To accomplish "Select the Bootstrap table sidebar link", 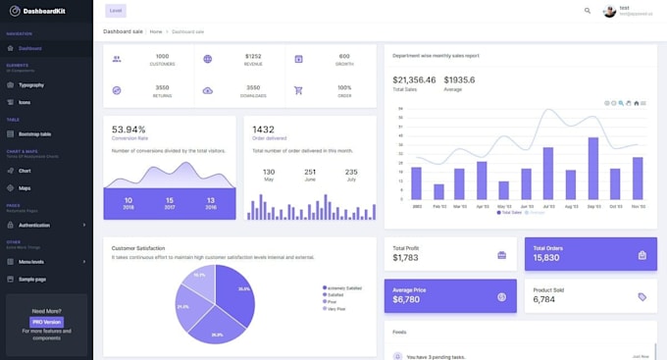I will [34, 133].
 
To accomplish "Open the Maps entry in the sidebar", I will [25, 187].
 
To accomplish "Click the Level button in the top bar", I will [117, 11].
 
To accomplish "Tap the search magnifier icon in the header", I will [588, 11].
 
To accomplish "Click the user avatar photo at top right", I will [609, 11].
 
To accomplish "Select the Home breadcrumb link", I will [156, 31].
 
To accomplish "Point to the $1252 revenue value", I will [253, 56].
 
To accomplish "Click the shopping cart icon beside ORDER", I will [298, 90].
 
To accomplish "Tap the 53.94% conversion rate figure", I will [128, 129].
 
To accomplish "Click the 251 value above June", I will [310, 172].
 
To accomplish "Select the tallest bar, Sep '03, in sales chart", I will [592, 168].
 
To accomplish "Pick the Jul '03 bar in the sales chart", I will [547, 174].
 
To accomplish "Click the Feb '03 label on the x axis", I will [437, 206].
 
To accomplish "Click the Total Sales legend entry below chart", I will [510, 212].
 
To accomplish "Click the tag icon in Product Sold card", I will [641, 296].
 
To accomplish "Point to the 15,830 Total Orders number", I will [546, 258].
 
